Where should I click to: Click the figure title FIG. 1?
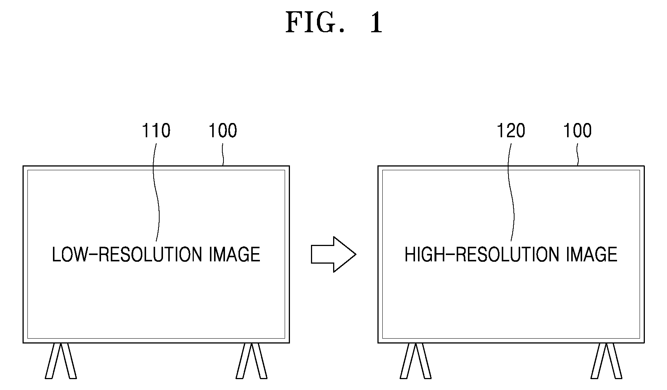coord(334,23)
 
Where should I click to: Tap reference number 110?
coord(156,130)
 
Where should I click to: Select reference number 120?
coord(511,130)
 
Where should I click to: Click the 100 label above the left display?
coord(223,130)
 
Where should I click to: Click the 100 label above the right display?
coord(578,130)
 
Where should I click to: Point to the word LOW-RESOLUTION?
coord(127,255)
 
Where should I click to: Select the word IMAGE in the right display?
coord(592,255)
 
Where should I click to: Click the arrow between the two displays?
coord(333,254)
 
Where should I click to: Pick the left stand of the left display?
coord(60,361)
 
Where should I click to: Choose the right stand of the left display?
coord(252,361)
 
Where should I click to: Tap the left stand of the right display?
coord(415,361)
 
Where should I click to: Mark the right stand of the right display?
coord(606,361)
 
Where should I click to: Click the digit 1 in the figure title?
coord(376,23)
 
